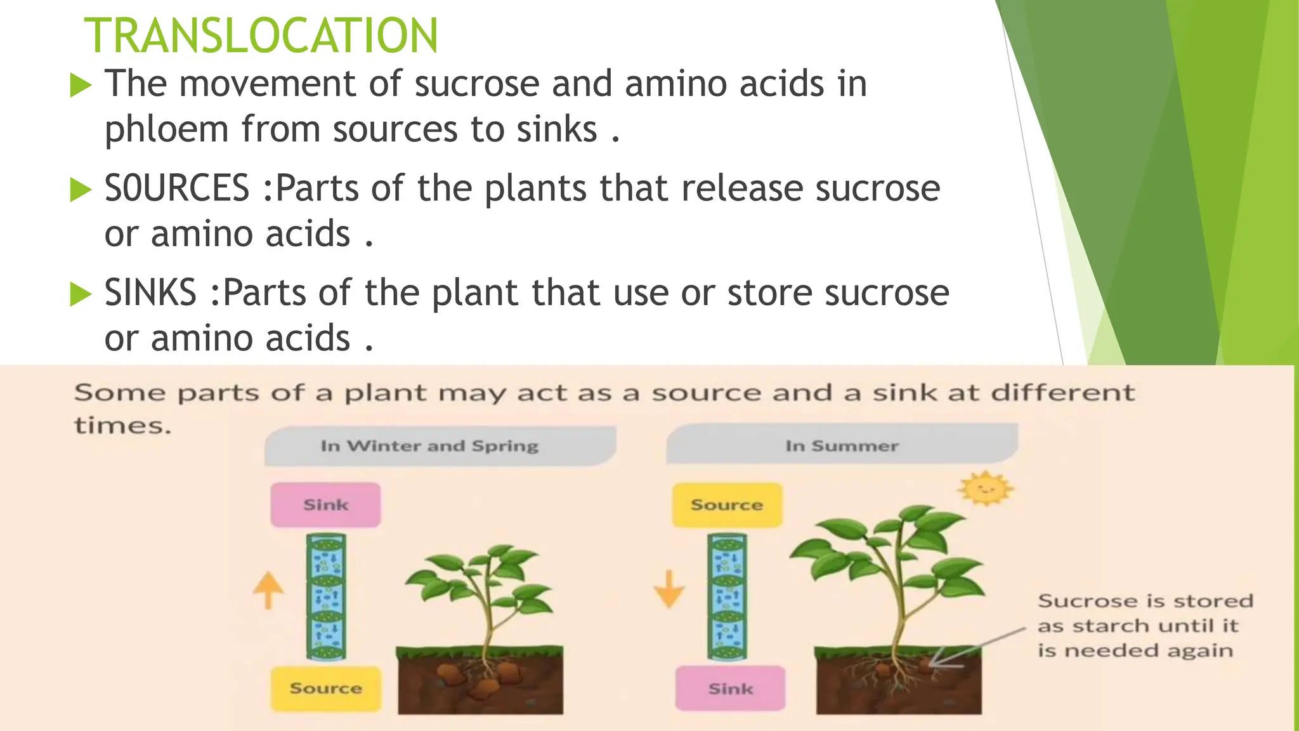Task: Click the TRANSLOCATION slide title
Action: click(261, 36)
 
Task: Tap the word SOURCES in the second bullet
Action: click(177, 188)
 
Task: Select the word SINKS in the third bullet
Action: click(150, 293)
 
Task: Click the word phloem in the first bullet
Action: click(166, 129)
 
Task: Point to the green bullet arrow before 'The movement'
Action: click(81, 85)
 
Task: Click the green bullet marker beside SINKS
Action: click(81, 294)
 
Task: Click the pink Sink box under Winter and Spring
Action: click(325, 505)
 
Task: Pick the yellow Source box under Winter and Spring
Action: click(325, 688)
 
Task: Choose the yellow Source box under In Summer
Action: click(727, 505)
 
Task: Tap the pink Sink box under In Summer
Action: click(730, 688)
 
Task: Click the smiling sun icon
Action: click(985, 489)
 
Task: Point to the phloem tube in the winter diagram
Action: click(326, 596)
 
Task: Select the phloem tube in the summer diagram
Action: click(728, 596)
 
